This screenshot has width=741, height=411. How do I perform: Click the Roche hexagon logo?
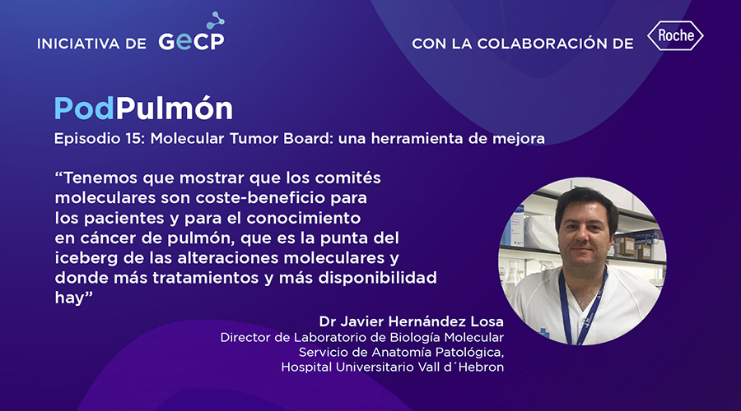pyautogui.click(x=675, y=35)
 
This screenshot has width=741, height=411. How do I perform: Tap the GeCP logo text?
pyautogui.click(x=191, y=41)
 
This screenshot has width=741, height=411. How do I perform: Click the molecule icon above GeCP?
pyautogui.click(x=216, y=21)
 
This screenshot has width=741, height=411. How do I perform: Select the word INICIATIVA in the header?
pyautogui.click(x=78, y=44)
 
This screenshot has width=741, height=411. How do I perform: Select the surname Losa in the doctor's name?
pyautogui.click(x=487, y=321)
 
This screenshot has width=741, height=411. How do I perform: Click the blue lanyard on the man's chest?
pyautogui.click(x=583, y=303)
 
